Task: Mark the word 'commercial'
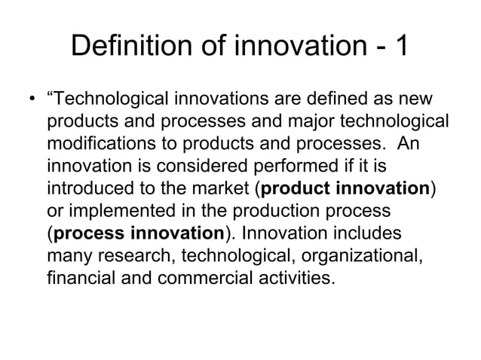click(x=212, y=279)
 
